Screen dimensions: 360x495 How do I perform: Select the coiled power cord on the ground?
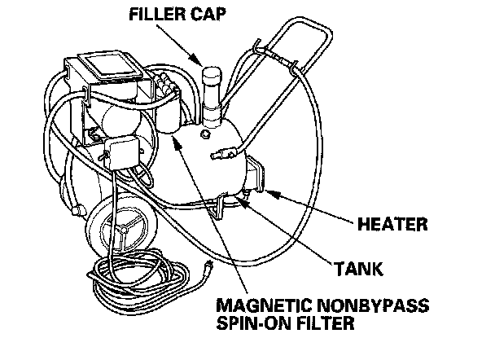(138, 281)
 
